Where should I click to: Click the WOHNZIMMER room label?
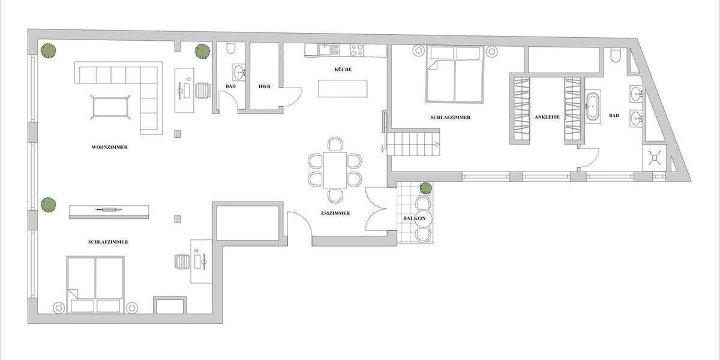[x=109, y=147]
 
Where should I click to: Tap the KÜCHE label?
[x=343, y=70]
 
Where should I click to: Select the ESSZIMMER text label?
[x=335, y=213]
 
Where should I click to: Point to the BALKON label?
[x=415, y=218]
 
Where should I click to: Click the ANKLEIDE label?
[x=547, y=117]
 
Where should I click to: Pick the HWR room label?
[x=265, y=86]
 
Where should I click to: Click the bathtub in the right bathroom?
[x=593, y=107]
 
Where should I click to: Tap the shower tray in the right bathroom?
[x=655, y=158]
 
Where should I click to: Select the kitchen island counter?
[x=343, y=89]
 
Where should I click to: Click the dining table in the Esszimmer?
[x=335, y=170]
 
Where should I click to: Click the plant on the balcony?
[x=425, y=188]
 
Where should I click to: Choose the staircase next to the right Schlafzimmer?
[x=412, y=145]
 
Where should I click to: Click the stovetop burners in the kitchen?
[x=356, y=50]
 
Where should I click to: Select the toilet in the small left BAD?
[x=233, y=49]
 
